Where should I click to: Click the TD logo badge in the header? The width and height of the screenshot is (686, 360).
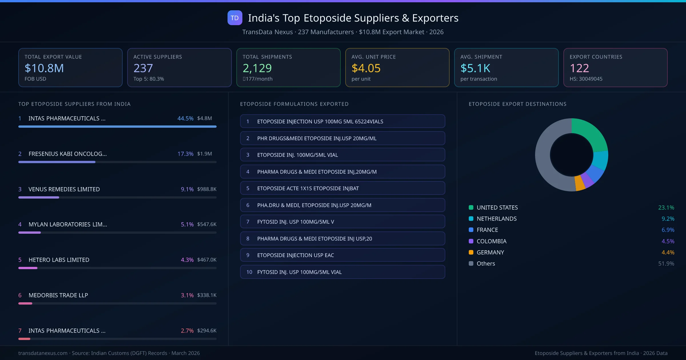tap(235, 18)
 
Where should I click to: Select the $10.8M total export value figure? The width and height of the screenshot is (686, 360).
tap(44, 68)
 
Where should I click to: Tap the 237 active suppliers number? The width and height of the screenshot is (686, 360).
tap(143, 68)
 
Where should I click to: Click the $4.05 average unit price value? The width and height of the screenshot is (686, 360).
tap(366, 68)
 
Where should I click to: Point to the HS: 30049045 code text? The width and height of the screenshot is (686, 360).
tap(586, 79)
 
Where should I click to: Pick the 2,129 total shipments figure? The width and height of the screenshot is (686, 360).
tap(257, 68)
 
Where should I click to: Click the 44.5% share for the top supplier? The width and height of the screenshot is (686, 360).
tap(185, 118)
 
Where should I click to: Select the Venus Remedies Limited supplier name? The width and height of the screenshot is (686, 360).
tap(64, 189)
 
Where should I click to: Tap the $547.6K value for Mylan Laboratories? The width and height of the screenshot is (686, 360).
tap(207, 224)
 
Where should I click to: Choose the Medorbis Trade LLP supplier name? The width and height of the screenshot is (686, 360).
tap(58, 295)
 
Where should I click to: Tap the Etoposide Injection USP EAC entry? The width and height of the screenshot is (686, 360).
tap(295, 255)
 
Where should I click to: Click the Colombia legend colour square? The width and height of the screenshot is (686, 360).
tap(471, 241)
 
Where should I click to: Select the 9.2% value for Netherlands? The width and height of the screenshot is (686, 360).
tap(668, 219)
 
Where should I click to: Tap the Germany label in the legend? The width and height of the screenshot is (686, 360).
tap(490, 252)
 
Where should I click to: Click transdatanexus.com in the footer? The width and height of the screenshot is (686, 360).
tap(43, 353)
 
